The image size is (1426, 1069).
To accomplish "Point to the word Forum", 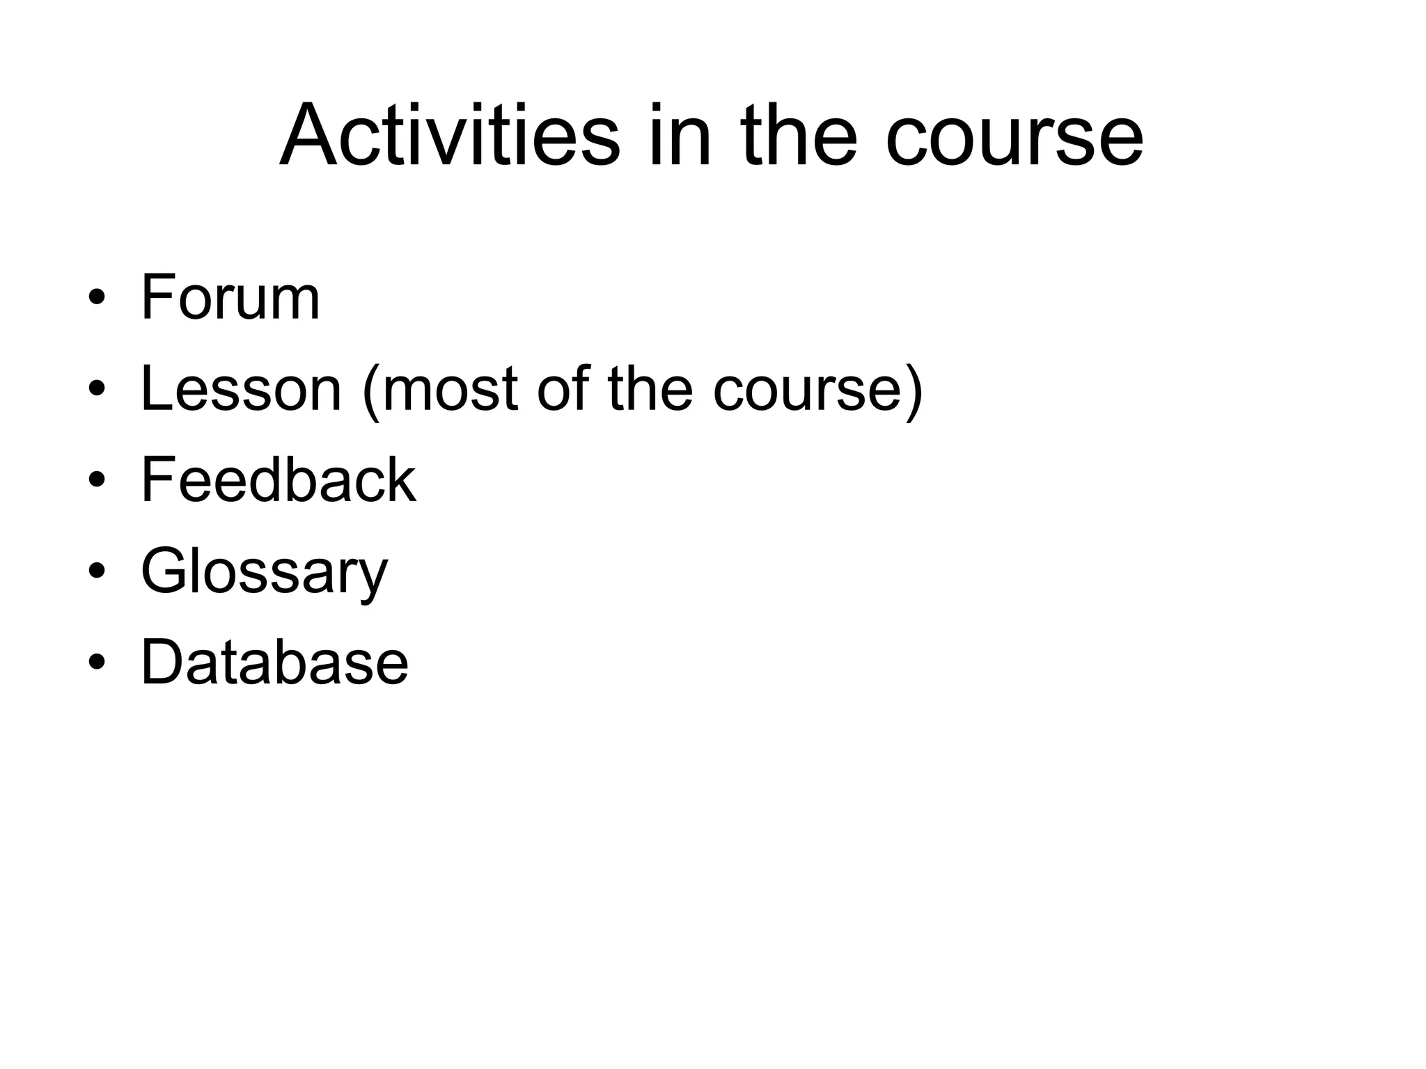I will coord(230,298).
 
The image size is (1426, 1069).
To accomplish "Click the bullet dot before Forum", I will coord(97,298).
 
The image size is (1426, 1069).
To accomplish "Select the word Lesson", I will coord(241,389).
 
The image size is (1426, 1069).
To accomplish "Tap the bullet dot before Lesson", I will coord(97,389).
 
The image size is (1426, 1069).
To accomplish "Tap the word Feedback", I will coord(278,480).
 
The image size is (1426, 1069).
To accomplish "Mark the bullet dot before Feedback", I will coord(97,480).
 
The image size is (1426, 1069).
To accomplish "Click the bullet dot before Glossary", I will coord(97,571).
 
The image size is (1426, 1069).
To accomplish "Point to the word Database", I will coord(274,663).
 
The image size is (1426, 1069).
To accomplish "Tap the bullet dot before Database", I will coord(97,663).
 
